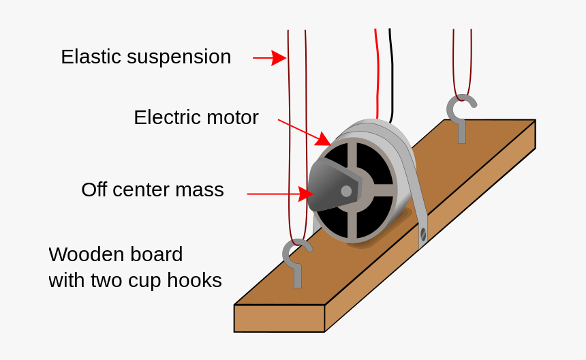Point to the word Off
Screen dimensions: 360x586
(x=94, y=190)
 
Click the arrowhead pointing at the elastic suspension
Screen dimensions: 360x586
(x=279, y=58)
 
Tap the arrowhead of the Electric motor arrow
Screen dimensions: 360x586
(x=323, y=140)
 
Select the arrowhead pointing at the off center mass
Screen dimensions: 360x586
(x=306, y=194)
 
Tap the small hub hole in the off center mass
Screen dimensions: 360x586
(x=346, y=191)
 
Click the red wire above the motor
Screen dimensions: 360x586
(x=376, y=68)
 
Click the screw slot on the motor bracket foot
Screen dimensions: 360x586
(x=423, y=235)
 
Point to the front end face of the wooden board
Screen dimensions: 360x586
(x=279, y=318)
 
